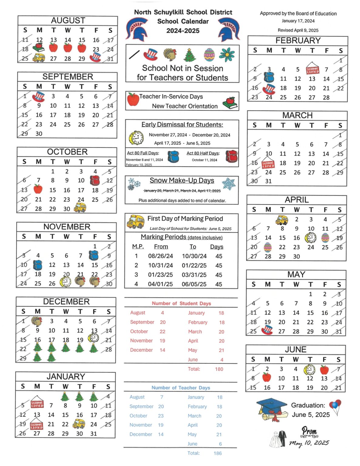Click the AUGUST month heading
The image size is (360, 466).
(x=68, y=20)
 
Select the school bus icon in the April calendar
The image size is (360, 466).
(x=282, y=220)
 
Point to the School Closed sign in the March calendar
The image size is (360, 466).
(x=268, y=164)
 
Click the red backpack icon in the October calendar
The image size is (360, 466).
(x=95, y=181)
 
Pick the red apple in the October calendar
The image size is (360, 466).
(x=38, y=189)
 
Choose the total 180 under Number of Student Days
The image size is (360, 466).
(x=219, y=369)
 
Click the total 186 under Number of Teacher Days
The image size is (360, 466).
(x=217, y=453)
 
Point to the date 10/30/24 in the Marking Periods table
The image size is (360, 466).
(x=194, y=256)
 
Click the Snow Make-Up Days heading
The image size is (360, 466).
(x=182, y=181)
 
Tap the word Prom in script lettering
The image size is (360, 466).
(x=309, y=431)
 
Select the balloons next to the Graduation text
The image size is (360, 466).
(x=335, y=407)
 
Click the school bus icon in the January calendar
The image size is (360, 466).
(x=79, y=424)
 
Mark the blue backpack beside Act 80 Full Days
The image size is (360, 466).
(x=173, y=156)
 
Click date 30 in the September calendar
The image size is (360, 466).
(x=39, y=134)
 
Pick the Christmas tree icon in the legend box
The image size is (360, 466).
(x=190, y=55)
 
